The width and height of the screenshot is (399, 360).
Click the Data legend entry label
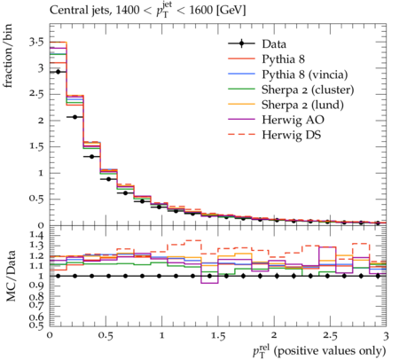pos(274,44)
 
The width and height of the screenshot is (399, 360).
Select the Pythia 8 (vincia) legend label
pos(305,74)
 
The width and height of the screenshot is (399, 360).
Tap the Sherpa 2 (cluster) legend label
pos(308,90)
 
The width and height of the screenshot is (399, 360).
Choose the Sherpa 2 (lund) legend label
pos(302,105)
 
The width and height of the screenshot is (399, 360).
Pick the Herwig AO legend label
pos(293,120)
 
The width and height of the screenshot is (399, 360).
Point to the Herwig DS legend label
pos(292,135)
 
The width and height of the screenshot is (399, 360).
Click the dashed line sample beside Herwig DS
pos(241,135)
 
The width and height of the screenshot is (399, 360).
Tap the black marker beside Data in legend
pos(241,43)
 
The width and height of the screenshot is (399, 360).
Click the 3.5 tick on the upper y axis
pos(36,42)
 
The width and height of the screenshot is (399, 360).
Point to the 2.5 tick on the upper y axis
pos(36,94)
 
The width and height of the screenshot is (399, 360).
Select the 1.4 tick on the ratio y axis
pos(36,235)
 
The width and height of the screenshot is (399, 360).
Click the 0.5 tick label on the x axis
pos(106,336)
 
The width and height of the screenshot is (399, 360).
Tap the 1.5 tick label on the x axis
pos(218,336)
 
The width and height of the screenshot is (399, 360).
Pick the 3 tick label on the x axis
pos(386,336)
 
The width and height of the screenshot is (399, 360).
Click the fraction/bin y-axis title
pos(8,56)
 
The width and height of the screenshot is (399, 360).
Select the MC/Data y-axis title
pos(11,276)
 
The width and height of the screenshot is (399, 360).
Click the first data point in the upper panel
pos(58,72)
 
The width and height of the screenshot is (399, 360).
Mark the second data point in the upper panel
pos(74,117)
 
